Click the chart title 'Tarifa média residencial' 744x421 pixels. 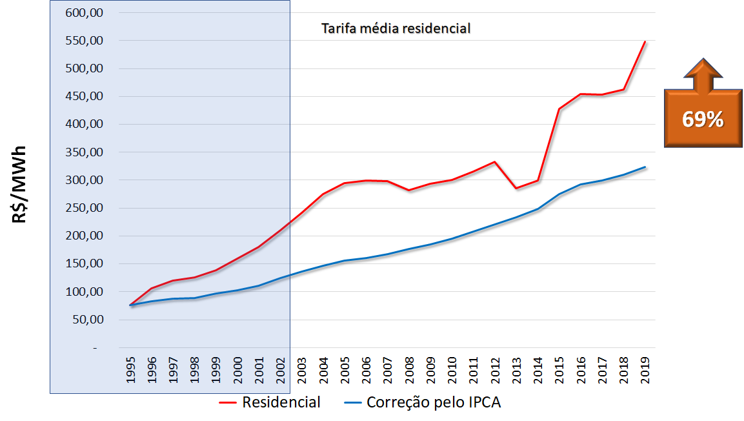pos(396,28)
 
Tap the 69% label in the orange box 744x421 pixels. pos(703,119)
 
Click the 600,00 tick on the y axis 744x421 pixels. pos(83,12)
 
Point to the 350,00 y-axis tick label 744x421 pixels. pos(83,152)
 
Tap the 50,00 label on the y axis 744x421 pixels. pos(86,320)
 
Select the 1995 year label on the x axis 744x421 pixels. pos(131,370)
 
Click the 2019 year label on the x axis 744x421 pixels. pos(645,370)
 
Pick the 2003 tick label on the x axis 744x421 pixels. pos(302,370)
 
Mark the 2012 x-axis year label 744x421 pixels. pos(495,370)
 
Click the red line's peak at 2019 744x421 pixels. pos(645,42)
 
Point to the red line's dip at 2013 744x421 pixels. pos(516,188)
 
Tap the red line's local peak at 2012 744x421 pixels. pos(495,161)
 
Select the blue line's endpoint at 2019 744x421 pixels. pos(645,167)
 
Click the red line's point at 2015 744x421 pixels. pos(559,109)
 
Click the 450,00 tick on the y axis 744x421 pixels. pos(83,96)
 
